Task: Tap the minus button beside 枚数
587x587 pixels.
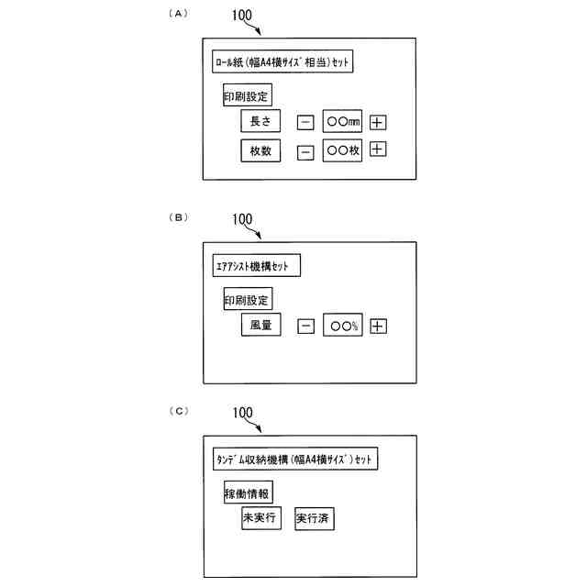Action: click(x=305, y=152)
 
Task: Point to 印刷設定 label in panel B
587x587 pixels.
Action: click(x=248, y=299)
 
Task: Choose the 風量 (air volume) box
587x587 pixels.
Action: click(x=260, y=325)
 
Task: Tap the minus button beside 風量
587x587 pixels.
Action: click(x=306, y=326)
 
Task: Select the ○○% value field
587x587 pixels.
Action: click(x=344, y=326)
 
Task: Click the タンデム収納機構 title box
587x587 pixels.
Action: click(x=293, y=459)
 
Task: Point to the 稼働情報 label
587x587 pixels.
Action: click(x=248, y=493)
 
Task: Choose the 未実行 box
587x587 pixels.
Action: click(x=260, y=518)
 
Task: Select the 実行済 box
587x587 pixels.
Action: click(x=315, y=518)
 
